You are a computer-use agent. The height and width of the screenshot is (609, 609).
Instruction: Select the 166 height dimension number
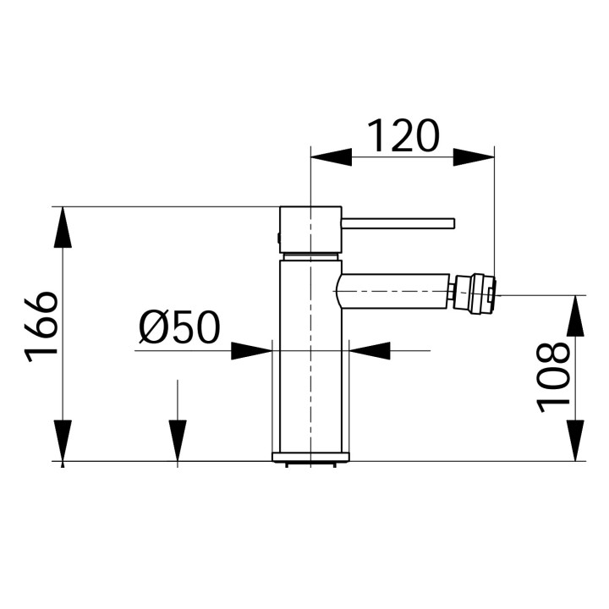pos(42,326)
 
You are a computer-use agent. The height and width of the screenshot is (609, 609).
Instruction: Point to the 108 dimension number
pos(556,376)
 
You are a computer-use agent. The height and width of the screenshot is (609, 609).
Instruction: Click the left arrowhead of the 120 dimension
pos(332,156)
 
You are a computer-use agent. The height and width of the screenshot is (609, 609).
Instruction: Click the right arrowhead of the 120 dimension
pos(473,156)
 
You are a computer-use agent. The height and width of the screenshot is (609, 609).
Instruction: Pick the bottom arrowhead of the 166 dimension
pos(63,440)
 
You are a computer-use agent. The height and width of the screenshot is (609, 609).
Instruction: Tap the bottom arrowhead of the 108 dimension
pos(575,440)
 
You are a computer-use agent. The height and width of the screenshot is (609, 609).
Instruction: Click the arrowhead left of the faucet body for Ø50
pos(251,350)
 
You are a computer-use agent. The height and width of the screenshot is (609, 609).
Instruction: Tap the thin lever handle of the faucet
pos(398,223)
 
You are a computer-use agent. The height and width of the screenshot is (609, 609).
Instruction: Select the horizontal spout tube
pos(394,291)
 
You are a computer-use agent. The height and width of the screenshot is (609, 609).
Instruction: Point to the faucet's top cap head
pos(310,228)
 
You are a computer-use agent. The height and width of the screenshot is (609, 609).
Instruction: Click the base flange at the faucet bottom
pos(310,457)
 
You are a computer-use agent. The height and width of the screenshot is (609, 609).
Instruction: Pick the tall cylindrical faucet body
pos(310,355)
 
